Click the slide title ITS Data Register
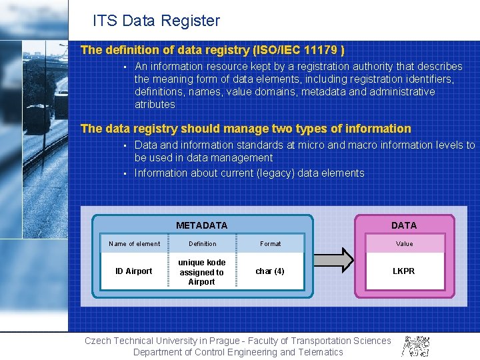pos(156,21)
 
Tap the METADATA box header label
pos(201,225)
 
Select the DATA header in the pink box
pos(404,225)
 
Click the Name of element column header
pos(134,244)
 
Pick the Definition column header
pos(202,244)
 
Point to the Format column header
pos(270,244)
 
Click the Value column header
pos(404,244)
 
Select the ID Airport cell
pos(134,271)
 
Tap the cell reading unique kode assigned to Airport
pos(201,272)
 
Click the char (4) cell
pos(270,271)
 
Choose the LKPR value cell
pos(404,271)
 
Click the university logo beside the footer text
pos(415,345)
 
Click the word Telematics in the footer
pos(320,352)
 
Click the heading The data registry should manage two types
pos(245,129)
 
